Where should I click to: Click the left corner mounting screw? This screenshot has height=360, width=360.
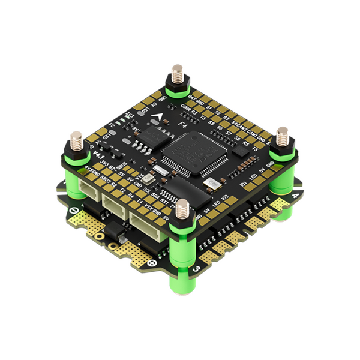(x=77, y=142)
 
